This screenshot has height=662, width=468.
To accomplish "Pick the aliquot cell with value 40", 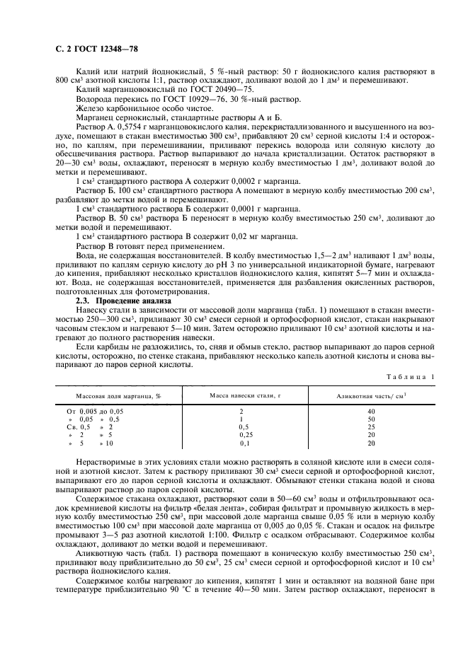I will [371, 411].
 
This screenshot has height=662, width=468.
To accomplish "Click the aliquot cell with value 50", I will [371, 419].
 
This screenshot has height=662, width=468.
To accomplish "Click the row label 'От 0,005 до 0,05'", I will [95, 411].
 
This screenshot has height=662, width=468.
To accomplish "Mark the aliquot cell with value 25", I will [371, 427].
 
